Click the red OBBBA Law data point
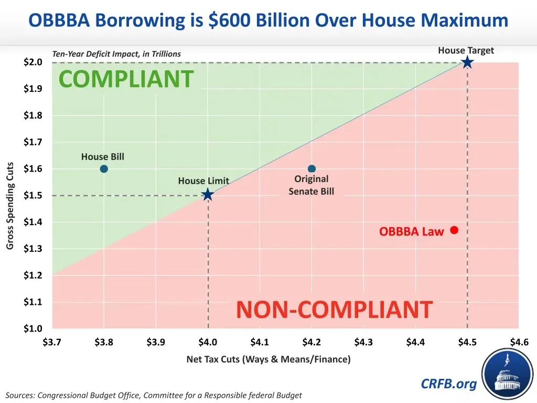coord(454,230)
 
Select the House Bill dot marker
coord(104,169)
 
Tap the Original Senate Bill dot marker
coord(312,169)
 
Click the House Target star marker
coord(467,63)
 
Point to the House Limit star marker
coord(208,195)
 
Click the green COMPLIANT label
coord(126,79)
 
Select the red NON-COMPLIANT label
coord(334,310)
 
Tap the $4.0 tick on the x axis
coord(208,343)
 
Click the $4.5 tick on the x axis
coord(467,343)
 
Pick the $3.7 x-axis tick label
coord(52,343)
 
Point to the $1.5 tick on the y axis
coord(33,196)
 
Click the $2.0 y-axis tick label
coord(33,62)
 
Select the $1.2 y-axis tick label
coord(33,275)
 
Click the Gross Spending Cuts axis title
coord(10,206)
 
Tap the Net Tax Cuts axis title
coord(268,359)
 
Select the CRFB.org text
coord(449,384)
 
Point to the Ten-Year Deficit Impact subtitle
coord(116,54)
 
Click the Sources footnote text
coord(154,395)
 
